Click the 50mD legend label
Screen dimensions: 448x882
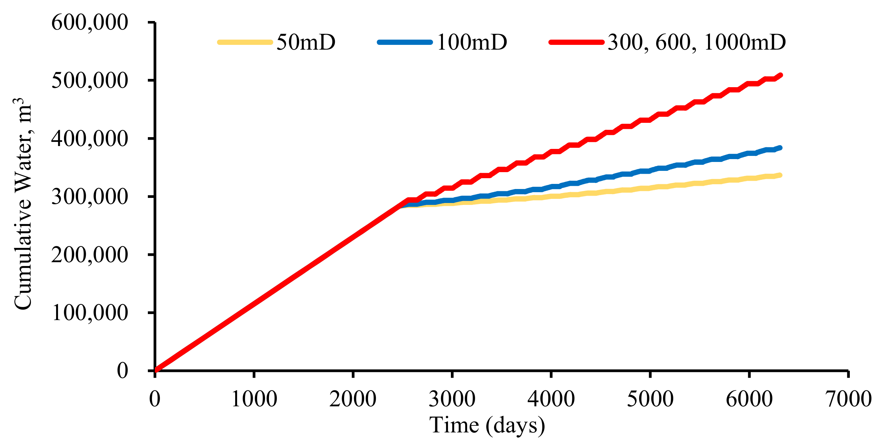coord(306,42)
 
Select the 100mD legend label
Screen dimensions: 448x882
coord(472,42)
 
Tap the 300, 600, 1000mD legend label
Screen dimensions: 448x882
coord(697,42)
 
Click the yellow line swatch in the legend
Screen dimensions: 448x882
coord(245,42)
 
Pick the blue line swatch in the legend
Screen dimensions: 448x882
coord(405,42)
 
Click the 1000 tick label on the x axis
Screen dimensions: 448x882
coord(254,399)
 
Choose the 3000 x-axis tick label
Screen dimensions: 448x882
coord(452,399)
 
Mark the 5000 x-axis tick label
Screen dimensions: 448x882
coord(650,399)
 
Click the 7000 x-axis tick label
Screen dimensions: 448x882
coord(848,399)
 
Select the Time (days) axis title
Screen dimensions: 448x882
coord(487,425)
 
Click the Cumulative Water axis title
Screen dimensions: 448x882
coord(23,204)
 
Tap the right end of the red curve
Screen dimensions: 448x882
coord(780,75)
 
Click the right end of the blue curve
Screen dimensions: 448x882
coord(780,148)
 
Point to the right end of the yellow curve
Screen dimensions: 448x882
coord(780,175)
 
